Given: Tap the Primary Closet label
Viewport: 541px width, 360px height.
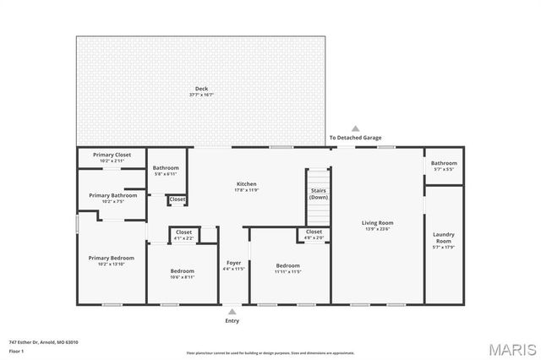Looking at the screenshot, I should click(112, 156).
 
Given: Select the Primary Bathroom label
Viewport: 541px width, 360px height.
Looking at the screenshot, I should click(112, 198).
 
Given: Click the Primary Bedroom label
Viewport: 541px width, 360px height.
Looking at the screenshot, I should click(112, 260).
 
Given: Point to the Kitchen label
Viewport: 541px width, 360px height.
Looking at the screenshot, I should click(247, 186).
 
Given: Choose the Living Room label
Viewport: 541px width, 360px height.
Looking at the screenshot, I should click(378, 226).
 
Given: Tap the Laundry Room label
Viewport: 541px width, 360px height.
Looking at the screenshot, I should click(443, 240).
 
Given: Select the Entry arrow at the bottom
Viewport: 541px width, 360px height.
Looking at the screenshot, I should click(232, 312).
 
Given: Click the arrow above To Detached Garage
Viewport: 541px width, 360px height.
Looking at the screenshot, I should click(355, 128).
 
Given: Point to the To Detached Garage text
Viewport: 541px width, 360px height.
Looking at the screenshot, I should click(355, 138).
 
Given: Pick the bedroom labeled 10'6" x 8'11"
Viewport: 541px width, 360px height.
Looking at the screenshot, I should click(183, 273).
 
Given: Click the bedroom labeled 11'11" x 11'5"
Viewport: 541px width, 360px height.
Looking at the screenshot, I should click(287, 269).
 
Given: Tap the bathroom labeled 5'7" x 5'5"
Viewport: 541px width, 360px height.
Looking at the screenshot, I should click(444, 165).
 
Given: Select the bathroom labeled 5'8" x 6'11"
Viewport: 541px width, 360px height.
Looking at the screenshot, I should click(166, 170).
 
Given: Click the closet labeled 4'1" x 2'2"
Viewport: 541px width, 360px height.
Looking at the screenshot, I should click(183, 234).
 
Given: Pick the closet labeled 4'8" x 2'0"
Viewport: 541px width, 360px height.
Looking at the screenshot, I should click(314, 234).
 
